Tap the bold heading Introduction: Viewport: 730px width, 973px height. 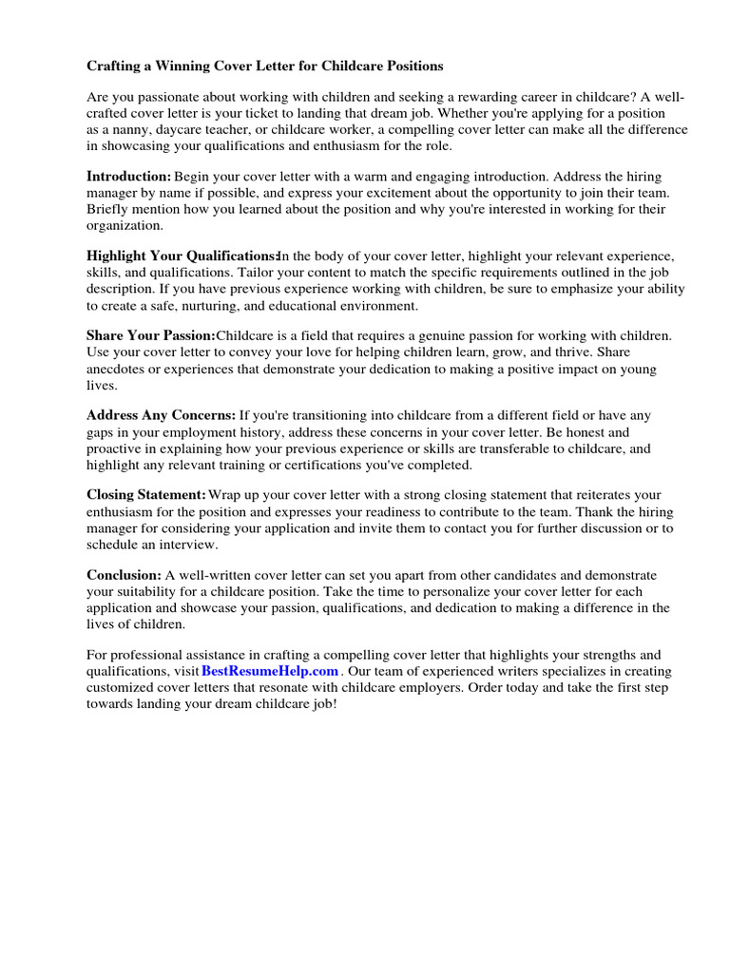pyautogui.click(x=129, y=177)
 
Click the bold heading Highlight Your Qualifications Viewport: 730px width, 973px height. pyautogui.click(x=182, y=257)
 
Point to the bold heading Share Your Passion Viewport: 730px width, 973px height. pyautogui.click(x=151, y=336)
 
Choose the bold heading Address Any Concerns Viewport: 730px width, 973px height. pyautogui.click(x=162, y=415)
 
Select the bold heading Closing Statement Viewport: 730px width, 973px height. pyautogui.click(x=146, y=495)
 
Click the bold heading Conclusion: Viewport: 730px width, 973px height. pyautogui.click(x=125, y=575)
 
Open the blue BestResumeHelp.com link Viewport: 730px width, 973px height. pyautogui.click(x=270, y=670)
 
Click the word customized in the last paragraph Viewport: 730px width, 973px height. pyautogui.click(x=126, y=687)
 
